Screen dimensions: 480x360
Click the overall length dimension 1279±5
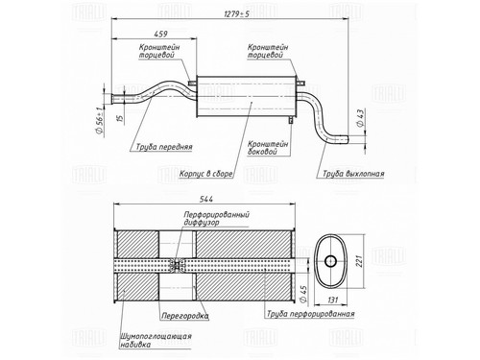tap(236, 14)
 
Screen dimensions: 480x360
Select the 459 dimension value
tap(160, 34)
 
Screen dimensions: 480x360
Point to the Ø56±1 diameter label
tap(99, 121)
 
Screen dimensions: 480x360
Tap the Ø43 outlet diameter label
tap(360, 118)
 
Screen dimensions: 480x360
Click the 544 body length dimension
tap(206, 199)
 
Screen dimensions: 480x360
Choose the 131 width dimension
tap(332, 300)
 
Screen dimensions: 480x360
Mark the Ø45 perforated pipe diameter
tap(302, 294)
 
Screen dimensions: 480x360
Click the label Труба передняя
tap(164, 147)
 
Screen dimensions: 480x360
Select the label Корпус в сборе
tap(205, 174)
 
